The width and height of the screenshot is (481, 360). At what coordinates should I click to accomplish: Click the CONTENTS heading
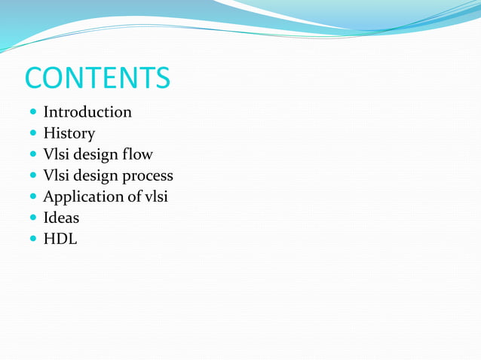pos(97,77)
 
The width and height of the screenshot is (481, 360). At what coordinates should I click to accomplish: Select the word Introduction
pos(87,112)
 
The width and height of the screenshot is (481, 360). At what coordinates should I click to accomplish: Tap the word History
pos(69,133)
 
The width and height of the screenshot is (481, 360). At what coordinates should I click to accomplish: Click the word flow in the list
pos(139,154)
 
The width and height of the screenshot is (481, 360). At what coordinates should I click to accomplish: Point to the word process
pos(148,176)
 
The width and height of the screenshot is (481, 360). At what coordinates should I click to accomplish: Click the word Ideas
pos(61,218)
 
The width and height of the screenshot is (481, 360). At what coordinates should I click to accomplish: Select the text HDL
pos(60,239)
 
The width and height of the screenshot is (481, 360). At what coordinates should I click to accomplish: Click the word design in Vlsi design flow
pos(95,154)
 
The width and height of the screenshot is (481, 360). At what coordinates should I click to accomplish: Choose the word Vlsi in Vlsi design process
pos(56,175)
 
